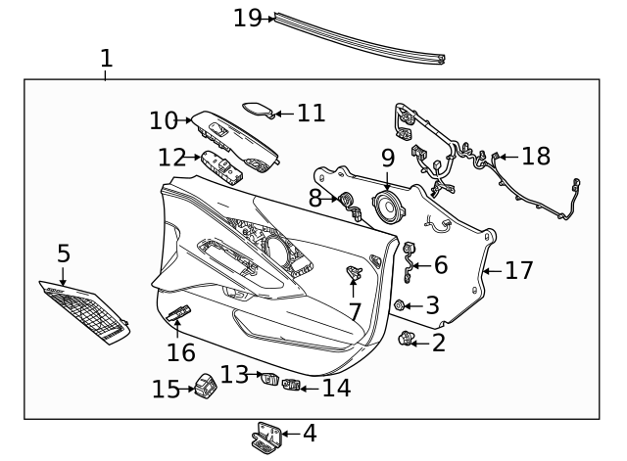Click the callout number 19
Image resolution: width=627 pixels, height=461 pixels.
(x=247, y=18)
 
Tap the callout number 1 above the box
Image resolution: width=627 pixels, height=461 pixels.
(x=106, y=58)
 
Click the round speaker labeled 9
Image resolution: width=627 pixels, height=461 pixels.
(x=388, y=208)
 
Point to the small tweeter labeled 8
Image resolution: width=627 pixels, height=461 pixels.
(x=346, y=201)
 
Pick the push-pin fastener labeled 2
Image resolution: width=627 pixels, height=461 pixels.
(x=405, y=341)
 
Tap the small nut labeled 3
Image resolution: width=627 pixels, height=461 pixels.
(x=400, y=306)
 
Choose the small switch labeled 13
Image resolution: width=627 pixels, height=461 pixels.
(x=268, y=379)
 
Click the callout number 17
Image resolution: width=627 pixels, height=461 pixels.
(x=518, y=271)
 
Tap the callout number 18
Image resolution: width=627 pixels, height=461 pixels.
(x=536, y=156)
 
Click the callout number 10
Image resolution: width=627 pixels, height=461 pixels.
(x=164, y=120)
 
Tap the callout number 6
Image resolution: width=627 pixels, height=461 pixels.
(x=440, y=264)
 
